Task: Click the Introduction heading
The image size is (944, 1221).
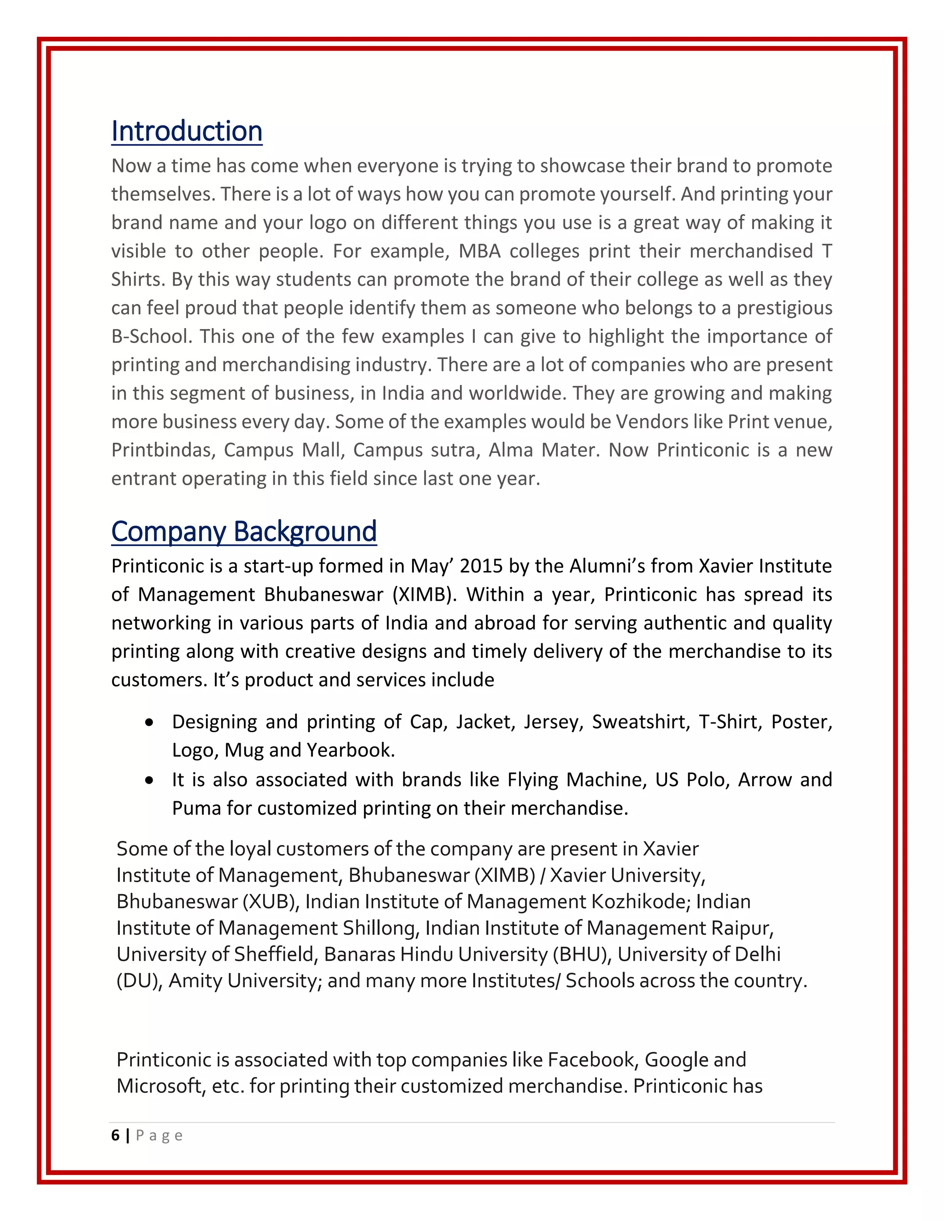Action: click(187, 132)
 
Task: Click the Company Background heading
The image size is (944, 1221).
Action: click(244, 532)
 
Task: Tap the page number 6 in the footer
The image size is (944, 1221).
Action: click(115, 1135)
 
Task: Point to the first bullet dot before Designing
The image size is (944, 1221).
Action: click(149, 723)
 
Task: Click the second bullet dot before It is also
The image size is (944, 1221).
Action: click(149, 781)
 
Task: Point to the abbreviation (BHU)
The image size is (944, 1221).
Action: click(582, 954)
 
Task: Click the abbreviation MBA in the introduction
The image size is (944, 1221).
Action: click(480, 251)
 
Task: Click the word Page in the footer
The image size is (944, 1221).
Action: click(159, 1135)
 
